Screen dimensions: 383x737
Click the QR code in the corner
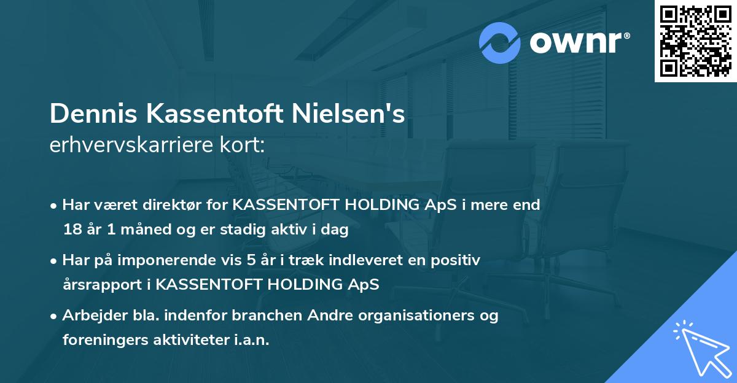coord(696,41)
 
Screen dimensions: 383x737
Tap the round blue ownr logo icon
coord(501,43)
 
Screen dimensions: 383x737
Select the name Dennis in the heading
coord(85,115)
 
